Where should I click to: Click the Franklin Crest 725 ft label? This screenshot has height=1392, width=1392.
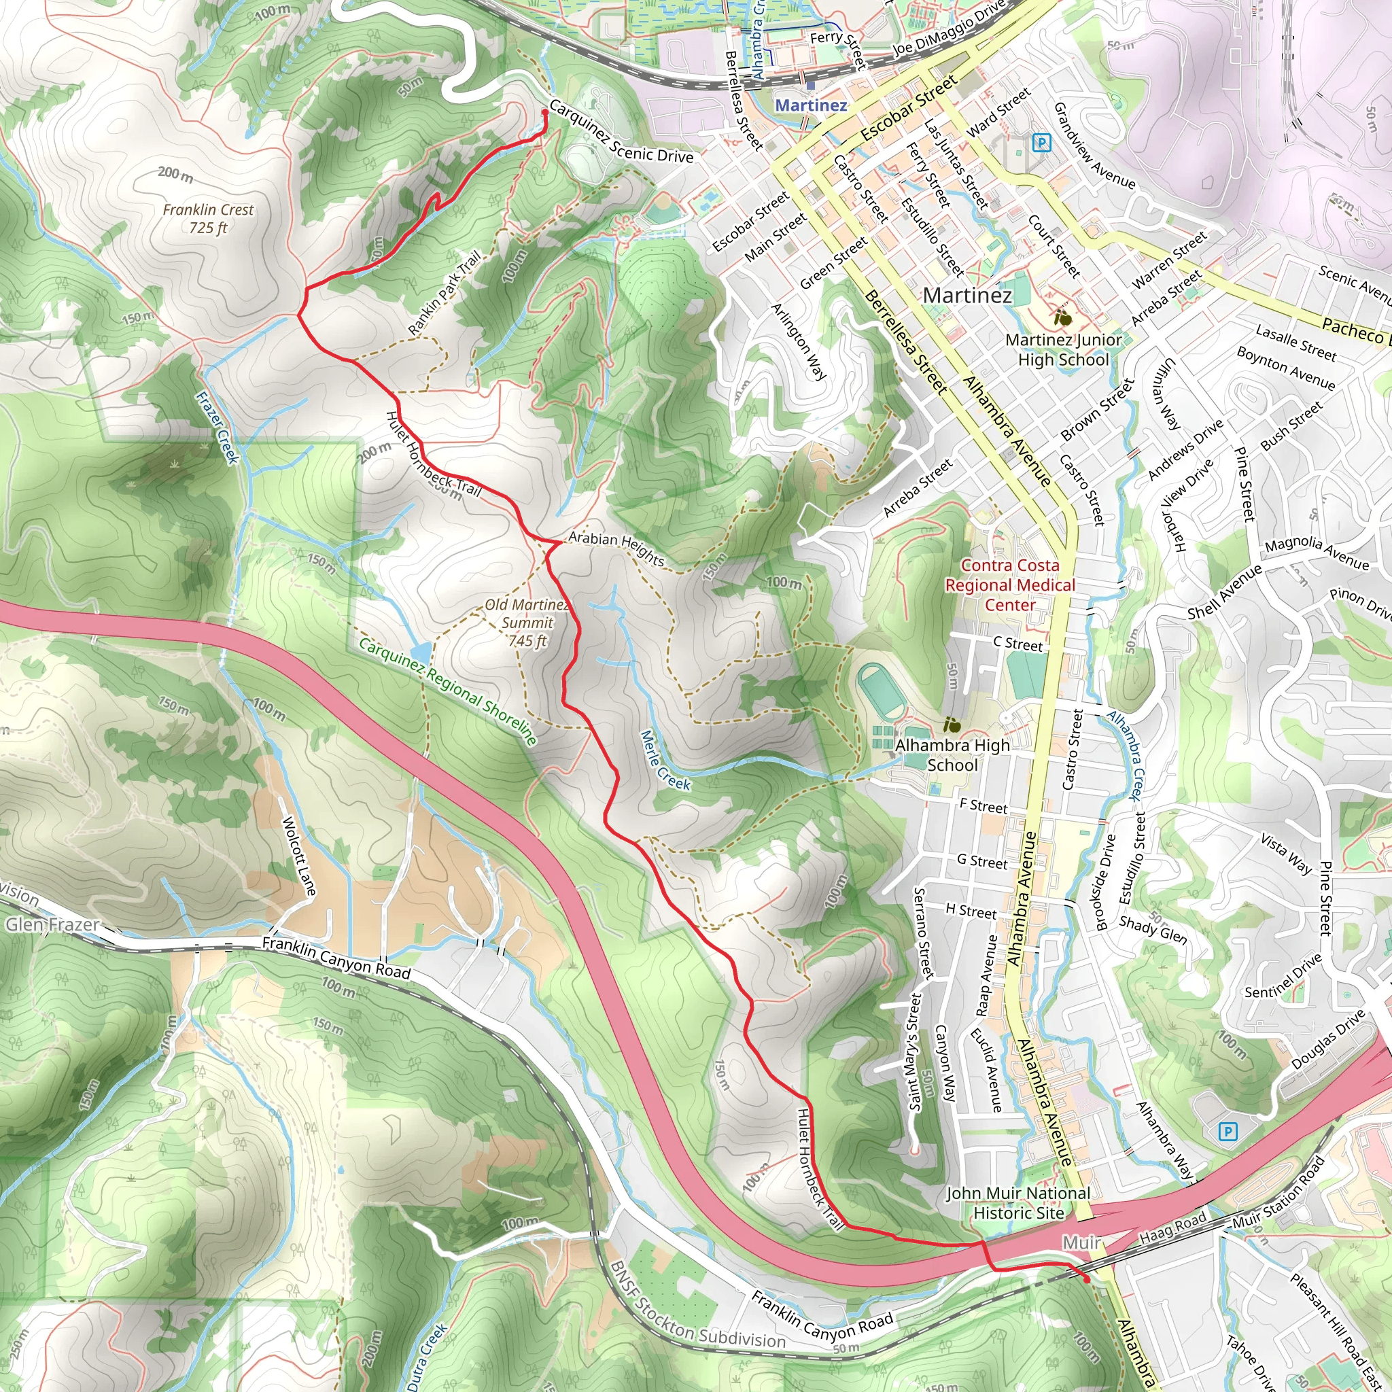[208, 218]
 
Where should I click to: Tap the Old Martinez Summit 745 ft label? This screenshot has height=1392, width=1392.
[527, 623]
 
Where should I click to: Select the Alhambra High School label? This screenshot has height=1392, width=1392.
[952, 754]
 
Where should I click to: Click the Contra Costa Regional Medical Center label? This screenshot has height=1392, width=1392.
[1009, 585]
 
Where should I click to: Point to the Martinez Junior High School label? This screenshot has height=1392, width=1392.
[1064, 349]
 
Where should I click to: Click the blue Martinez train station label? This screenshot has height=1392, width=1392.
[811, 105]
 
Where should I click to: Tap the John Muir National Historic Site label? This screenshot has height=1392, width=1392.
[1018, 1202]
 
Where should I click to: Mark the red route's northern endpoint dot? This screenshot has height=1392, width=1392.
[544, 112]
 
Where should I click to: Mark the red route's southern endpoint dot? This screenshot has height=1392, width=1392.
[1087, 1281]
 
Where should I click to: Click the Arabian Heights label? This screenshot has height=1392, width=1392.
[616, 549]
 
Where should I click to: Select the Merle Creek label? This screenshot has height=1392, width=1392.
[664, 761]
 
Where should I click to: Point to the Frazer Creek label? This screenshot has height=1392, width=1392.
[217, 428]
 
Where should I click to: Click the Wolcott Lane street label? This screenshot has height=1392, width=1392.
[298, 855]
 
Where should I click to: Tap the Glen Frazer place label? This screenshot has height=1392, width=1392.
[52, 924]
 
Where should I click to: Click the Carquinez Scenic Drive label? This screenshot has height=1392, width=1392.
[621, 132]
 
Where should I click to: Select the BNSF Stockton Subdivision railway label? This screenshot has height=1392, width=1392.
[696, 1305]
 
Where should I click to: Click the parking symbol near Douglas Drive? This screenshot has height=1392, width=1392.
[1228, 1131]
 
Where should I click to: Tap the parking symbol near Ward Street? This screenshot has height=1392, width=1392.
[1041, 143]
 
